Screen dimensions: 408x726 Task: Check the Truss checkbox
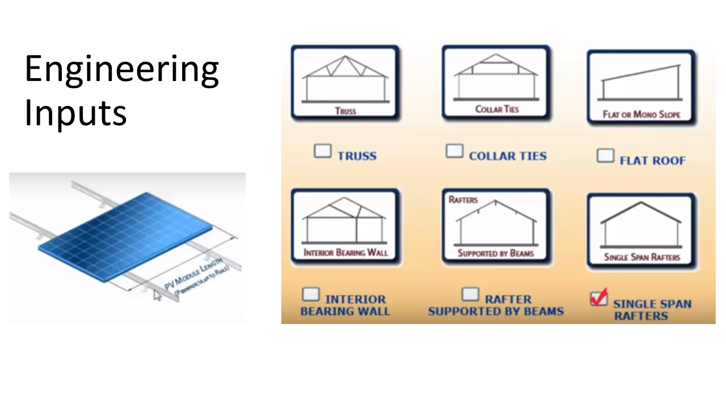(323, 151)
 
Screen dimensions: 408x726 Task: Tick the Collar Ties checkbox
(454, 151)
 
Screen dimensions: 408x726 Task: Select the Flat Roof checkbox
(605, 156)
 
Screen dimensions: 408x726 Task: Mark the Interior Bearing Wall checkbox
(311, 294)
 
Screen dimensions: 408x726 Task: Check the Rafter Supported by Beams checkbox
(470, 294)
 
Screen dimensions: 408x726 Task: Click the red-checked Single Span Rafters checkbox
(598, 297)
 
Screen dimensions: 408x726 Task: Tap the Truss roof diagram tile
(345, 82)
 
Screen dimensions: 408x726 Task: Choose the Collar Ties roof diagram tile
(496, 82)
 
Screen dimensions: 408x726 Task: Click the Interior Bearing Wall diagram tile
(345, 226)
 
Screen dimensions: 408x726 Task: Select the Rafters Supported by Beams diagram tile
(496, 226)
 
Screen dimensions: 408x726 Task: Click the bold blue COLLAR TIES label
(508, 156)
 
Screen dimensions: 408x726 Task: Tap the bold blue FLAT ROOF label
(652, 161)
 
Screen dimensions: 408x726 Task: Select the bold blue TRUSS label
(357, 156)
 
